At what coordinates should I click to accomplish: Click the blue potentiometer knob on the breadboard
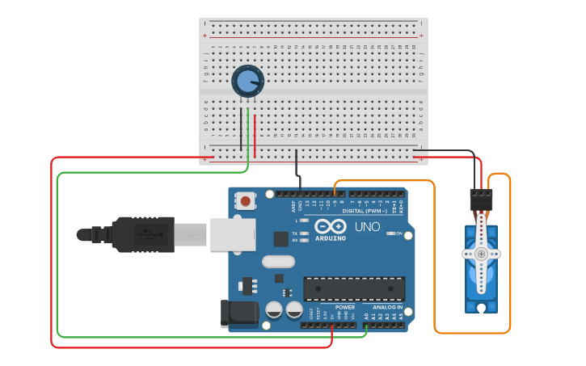(x=247, y=82)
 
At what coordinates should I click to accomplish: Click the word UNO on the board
(x=368, y=228)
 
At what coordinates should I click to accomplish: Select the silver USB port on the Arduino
(x=233, y=234)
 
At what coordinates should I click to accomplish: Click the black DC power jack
(x=238, y=313)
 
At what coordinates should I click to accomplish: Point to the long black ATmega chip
(x=354, y=288)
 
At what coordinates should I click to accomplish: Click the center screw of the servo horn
(x=481, y=254)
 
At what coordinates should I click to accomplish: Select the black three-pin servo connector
(x=481, y=199)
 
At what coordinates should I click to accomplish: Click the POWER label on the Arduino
(x=345, y=307)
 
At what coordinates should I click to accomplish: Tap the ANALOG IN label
(x=387, y=307)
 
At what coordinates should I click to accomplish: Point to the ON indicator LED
(x=390, y=233)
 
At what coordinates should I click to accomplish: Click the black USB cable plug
(x=141, y=235)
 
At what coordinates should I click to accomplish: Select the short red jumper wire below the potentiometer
(x=255, y=136)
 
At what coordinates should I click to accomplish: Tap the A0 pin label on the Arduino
(x=366, y=316)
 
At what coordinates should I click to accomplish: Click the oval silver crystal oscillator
(x=278, y=262)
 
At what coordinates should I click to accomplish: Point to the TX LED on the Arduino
(x=303, y=233)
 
